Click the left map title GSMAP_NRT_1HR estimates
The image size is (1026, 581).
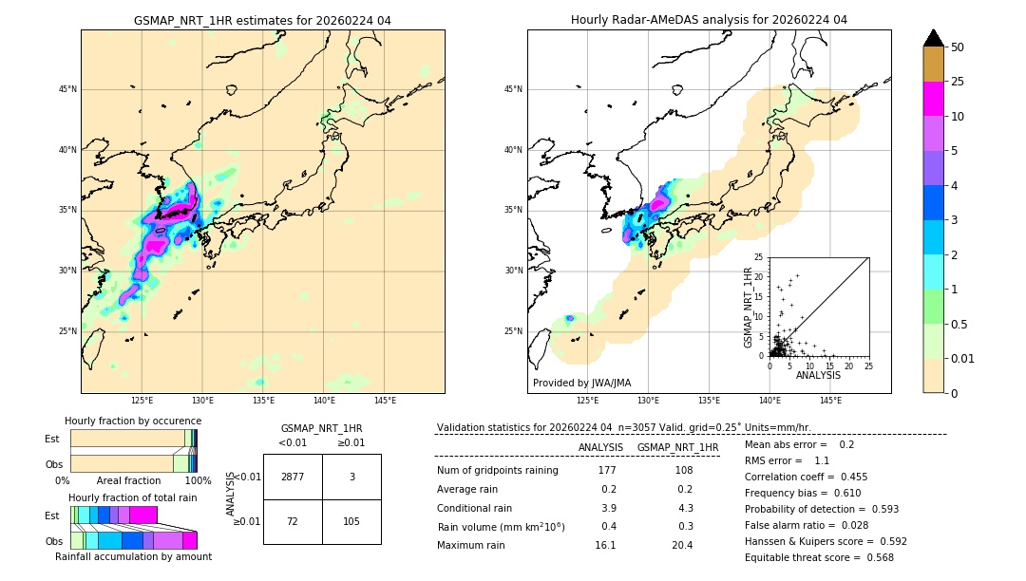262,20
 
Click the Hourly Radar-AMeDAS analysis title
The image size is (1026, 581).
709,20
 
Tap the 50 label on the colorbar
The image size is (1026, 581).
958,47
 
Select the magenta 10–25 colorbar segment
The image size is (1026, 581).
933,99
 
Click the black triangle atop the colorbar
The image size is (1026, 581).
933,38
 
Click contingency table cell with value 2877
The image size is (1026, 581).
293,477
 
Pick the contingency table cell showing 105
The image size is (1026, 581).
351,521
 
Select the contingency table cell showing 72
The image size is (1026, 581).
293,521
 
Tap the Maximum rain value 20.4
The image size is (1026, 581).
681,545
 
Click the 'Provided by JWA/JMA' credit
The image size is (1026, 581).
581,383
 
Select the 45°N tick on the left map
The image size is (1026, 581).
67,89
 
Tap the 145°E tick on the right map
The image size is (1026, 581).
830,401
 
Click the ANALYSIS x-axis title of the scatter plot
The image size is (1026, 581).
818,375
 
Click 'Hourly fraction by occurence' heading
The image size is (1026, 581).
132,421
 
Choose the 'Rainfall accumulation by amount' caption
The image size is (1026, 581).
132,557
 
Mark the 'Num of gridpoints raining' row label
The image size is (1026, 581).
497,470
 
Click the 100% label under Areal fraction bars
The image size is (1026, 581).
197,481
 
